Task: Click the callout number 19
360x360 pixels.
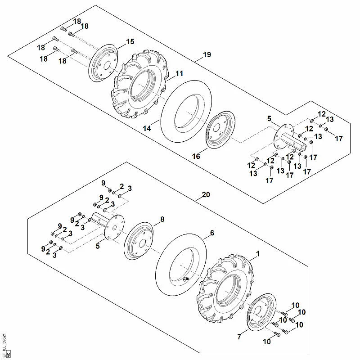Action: pos(207,54)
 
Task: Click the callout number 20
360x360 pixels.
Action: pos(206,195)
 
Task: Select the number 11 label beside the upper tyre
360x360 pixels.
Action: pos(179,73)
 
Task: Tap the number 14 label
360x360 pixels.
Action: pos(147,128)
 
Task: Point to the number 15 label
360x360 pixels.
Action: pos(130,41)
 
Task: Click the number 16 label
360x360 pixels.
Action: pos(196,156)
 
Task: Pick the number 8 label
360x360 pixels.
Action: pos(162,219)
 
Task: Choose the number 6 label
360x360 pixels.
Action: pos(212,233)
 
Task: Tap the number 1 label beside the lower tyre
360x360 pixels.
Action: pos(257,254)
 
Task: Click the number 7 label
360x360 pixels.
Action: pos(239,337)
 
